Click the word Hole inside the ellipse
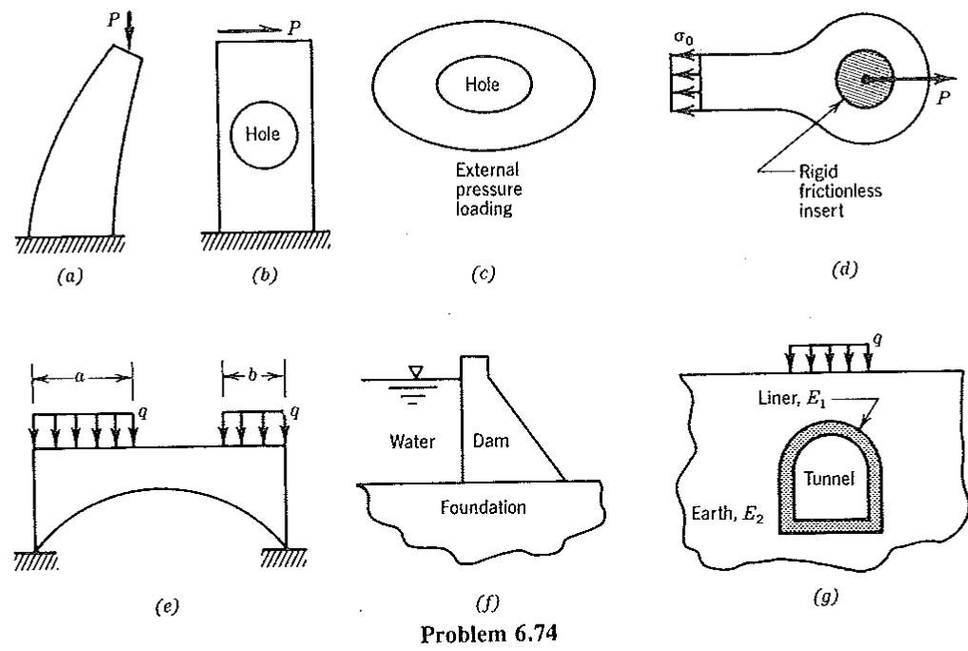(x=483, y=84)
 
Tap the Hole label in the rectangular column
(x=263, y=134)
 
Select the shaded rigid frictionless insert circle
(x=864, y=79)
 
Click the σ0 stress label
(x=683, y=39)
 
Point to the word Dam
(x=491, y=441)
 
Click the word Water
(x=412, y=442)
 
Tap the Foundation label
(x=484, y=507)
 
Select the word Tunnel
(x=829, y=478)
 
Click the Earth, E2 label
(x=727, y=514)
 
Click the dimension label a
(x=79, y=377)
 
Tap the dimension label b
(x=252, y=375)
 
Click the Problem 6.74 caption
(x=489, y=634)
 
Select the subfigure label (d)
(x=844, y=269)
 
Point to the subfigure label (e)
(x=166, y=607)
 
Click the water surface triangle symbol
(x=417, y=371)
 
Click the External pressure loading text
(x=488, y=188)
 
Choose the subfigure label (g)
(x=826, y=597)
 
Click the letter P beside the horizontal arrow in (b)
(x=295, y=28)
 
